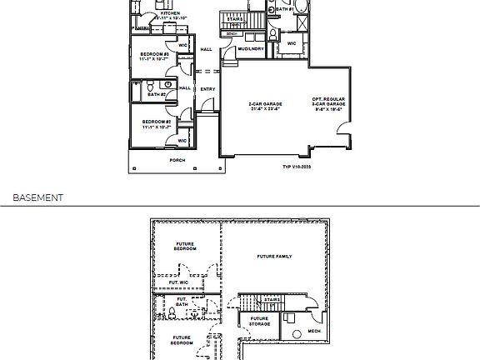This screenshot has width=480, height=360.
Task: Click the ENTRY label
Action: coord(207,89)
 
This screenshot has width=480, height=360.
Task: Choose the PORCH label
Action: coord(177,159)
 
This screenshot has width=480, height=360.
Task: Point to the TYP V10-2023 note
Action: coord(297,167)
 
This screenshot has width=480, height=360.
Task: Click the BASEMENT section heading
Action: coord(37,198)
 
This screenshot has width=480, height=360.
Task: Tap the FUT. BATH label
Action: coord(182,302)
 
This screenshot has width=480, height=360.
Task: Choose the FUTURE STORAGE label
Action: coord(259,321)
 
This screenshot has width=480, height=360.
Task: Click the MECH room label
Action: coord(313,330)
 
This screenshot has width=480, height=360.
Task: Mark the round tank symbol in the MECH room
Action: coord(297,335)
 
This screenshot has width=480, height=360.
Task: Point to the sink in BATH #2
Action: coord(167,84)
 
